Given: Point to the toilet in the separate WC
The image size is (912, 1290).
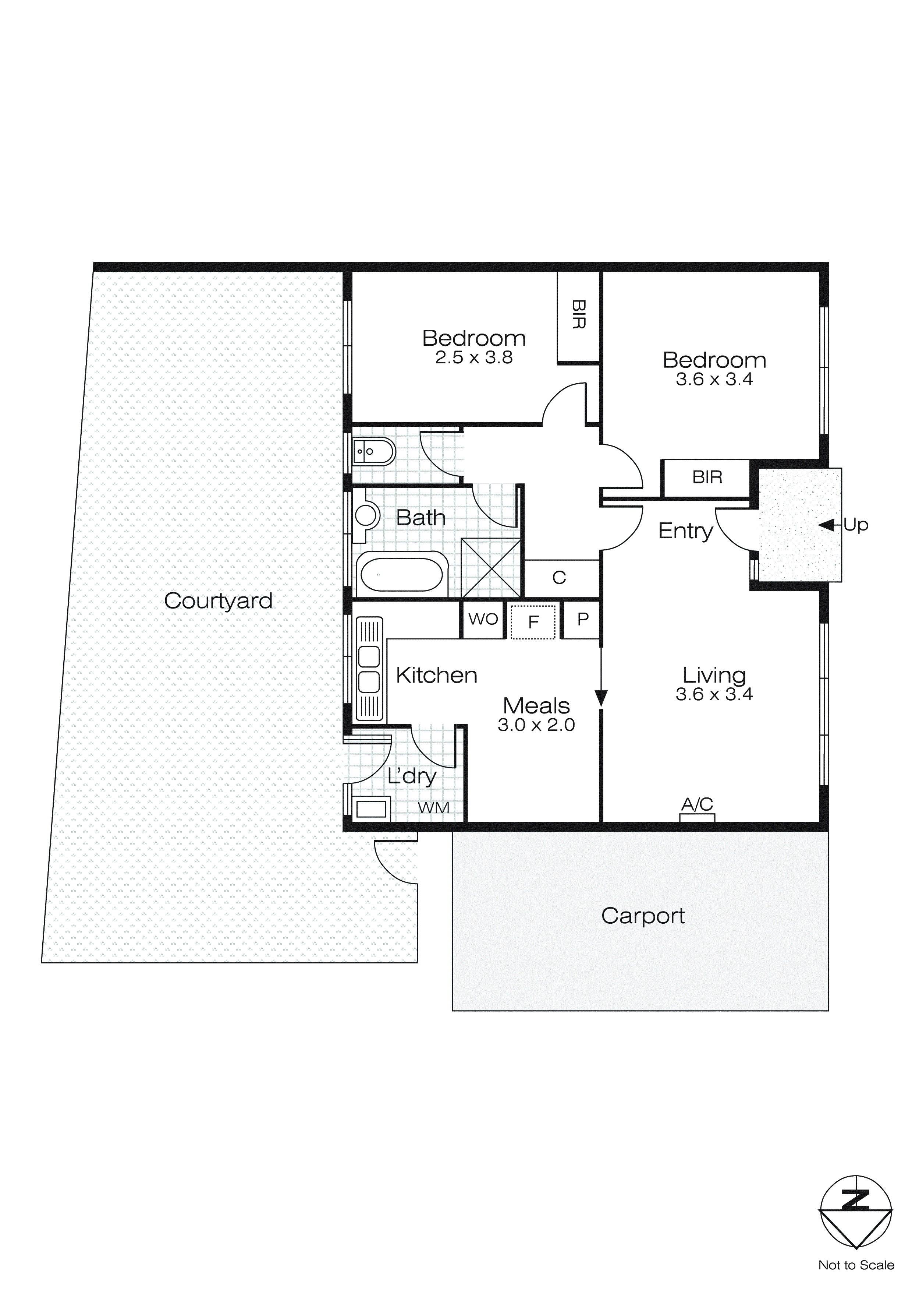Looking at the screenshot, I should click(x=374, y=451).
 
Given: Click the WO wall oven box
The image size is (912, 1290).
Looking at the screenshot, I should click(x=483, y=619).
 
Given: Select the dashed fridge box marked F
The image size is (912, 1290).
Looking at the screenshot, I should click(x=533, y=621).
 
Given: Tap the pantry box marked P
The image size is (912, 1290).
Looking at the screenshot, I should click(x=582, y=619).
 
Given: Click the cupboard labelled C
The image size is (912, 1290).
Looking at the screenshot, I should click(x=559, y=578).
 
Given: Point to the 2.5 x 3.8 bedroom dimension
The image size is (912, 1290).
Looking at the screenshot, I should click(x=473, y=358).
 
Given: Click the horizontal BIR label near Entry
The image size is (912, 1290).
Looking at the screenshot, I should click(x=707, y=477).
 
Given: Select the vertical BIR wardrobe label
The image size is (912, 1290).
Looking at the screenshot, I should click(x=578, y=315).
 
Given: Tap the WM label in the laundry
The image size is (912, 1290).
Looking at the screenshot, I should click(x=433, y=808).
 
